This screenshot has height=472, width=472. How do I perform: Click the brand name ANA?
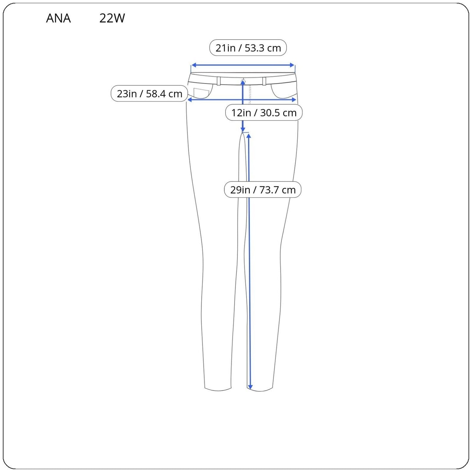coord(58,18)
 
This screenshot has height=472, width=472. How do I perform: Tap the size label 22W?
coord(112,18)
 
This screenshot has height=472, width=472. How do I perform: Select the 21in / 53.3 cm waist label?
coord(248,48)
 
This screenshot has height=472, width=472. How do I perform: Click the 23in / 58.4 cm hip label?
coord(149,93)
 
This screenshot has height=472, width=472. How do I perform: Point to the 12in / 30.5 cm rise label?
coord(264,113)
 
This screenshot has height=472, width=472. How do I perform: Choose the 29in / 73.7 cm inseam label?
coord(263,190)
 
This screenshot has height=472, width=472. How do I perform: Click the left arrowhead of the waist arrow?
coord(193,65)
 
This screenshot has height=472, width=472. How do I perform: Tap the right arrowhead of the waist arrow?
coord(292,65)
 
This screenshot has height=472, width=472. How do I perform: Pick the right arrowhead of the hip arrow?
coord(294,100)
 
